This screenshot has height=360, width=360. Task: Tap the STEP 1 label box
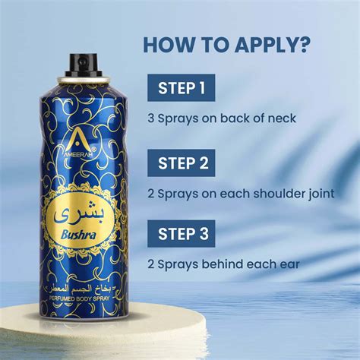tap(182, 88)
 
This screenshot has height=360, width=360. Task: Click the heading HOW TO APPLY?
tap(226, 44)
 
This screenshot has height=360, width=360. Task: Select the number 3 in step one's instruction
tap(152, 118)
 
